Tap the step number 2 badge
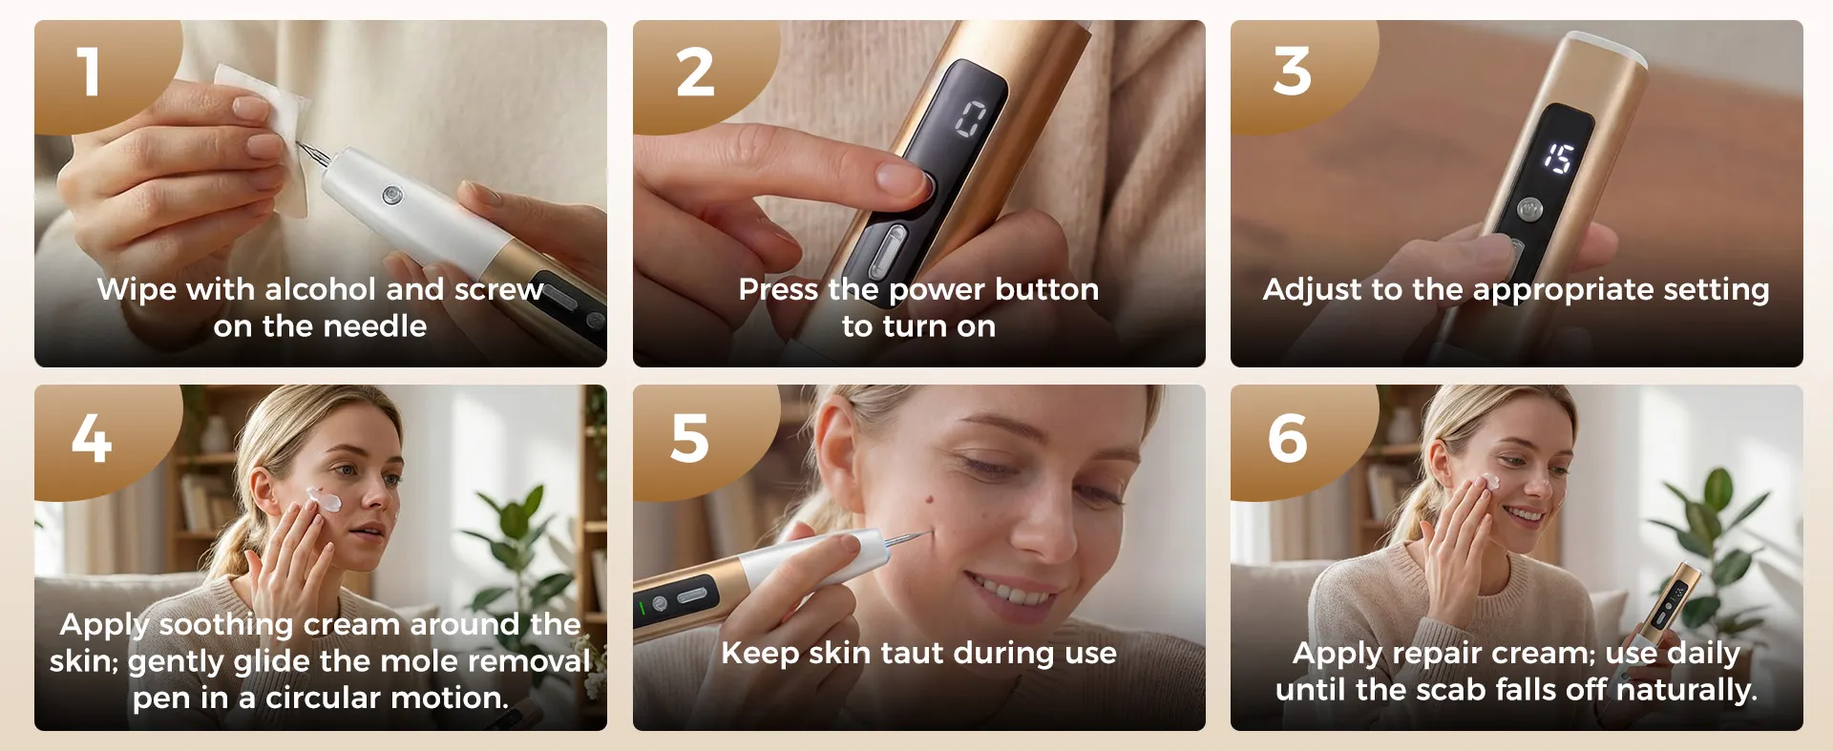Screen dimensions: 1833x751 coord(695,73)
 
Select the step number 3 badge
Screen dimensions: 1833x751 coord(1293,73)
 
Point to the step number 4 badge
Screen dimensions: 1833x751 coord(92,439)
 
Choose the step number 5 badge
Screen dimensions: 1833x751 coord(690,439)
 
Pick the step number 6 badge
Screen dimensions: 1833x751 coord(1288,439)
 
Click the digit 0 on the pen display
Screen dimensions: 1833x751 coord(970,120)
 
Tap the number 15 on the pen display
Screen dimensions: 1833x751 coord(1559,157)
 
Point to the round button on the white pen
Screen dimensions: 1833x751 coord(392,196)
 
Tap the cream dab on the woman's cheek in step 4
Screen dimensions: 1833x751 coord(323,499)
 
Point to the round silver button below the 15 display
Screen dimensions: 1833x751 coord(1529,207)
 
